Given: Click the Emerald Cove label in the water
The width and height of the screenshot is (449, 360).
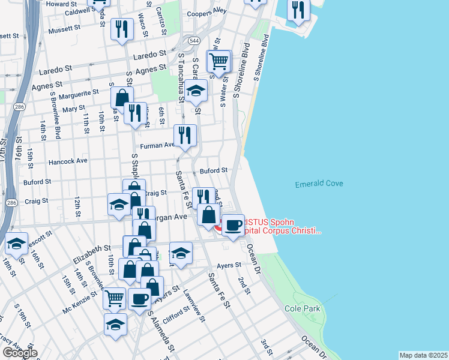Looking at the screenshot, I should pyautogui.click(x=319, y=184).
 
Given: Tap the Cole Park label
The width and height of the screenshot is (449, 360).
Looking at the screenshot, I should pyautogui.click(x=303, y=309).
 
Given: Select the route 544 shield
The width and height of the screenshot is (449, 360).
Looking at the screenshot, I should pyautogui.click(x=193, y=41).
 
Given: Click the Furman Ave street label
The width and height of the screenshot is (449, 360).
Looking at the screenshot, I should pyautogui.click(x=157, y=145).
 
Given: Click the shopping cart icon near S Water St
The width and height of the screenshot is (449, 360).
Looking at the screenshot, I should pyautogui.click(x=219, y=61).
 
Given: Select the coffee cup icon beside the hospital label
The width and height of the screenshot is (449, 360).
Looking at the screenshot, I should pyautogui.click(x=233, y=225).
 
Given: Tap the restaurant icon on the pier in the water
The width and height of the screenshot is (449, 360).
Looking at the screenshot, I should pyautogui.click(x=297, y=10).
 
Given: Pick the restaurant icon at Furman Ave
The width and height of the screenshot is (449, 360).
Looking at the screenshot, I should pyautogui.click(x=185, y=136).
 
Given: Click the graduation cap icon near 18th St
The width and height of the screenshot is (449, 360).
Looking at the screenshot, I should pyautogui.click(x=16, y=244).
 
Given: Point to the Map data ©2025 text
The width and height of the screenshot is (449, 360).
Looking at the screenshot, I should pyautogui.click(x=423, y=355).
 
